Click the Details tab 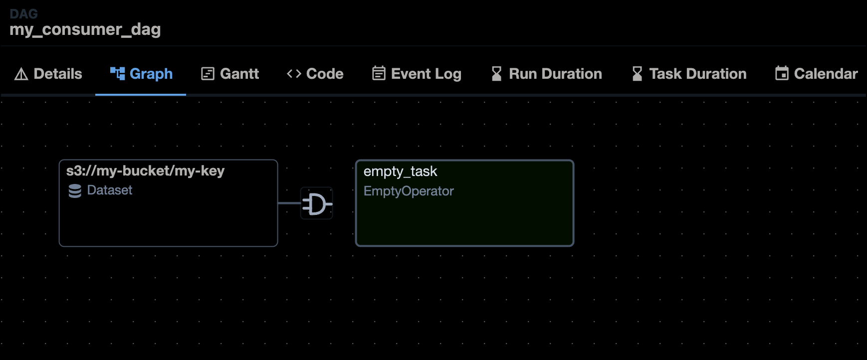tap(48, 74)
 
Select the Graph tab tap(141, 74)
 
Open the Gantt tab tap(230, 74)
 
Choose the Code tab tap(315, 74)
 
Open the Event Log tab tap(417, 74)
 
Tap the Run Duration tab tap(547, 74)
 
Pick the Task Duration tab tap(689, 74)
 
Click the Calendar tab tap(817, 74)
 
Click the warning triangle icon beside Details tap(21, 74)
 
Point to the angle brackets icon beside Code tap(294, 74)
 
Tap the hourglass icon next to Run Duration tap(496, 74)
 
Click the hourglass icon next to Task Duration tap(637, 74)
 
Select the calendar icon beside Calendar tap(782, 74)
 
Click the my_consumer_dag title tap(85, 29)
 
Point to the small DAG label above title tap(23, 13)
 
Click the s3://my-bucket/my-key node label tap(145, 171)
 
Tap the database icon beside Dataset tap(75, 191)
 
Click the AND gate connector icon tap(317, 203)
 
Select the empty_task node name tap(400, 172)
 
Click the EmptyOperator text tap(409, 191)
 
